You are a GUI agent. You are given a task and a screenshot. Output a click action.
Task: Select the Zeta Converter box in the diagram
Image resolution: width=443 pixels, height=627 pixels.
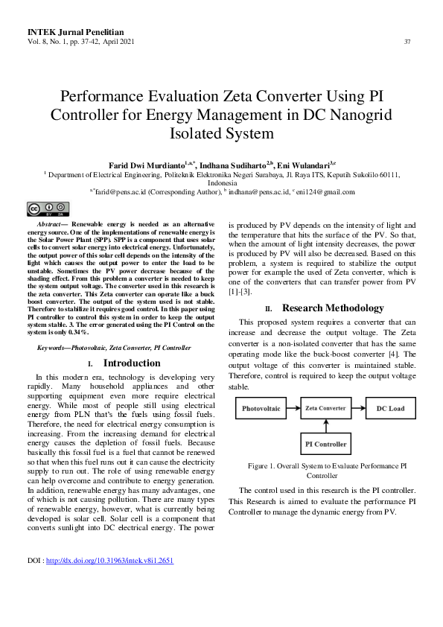(325, 408)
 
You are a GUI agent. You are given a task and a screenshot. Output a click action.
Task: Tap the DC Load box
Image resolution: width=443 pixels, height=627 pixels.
(389, 408)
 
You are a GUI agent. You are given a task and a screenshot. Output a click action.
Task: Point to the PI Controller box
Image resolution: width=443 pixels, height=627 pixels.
(325, 445)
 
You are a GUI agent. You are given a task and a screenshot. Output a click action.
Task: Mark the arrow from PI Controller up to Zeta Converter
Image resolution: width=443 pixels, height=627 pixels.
(325, 426)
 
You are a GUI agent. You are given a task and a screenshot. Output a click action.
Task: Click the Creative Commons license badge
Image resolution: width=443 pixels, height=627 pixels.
(48, 209)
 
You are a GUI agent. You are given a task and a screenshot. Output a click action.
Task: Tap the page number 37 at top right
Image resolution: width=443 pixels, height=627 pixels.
(407, 41)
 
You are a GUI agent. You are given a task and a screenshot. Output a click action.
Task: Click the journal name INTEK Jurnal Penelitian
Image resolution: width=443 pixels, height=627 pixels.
(71, 31)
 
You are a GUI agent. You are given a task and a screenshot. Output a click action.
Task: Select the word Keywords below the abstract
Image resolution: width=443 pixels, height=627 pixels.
(56, 347)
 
